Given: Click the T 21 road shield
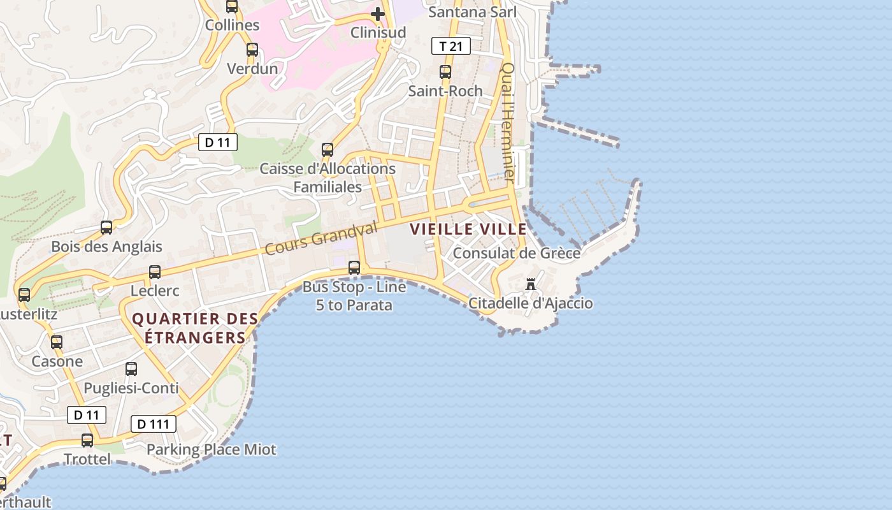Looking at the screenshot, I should (451, 46).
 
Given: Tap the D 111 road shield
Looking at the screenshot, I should (153, 424).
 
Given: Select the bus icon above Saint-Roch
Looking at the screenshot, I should (445, 72).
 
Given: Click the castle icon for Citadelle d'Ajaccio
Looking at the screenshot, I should (531, 284).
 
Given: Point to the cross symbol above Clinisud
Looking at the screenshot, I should (378, 13).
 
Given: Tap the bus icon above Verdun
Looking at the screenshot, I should (252, 50).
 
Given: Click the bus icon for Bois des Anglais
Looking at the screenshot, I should (106, 228).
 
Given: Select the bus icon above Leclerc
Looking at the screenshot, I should (155, 272).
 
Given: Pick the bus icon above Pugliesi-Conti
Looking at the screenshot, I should (131, 369).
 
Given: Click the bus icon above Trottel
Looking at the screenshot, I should (87, 441).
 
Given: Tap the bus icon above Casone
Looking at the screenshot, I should (57, 342).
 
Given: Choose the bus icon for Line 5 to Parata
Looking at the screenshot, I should (354, 268).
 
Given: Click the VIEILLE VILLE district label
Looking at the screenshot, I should (468, 229).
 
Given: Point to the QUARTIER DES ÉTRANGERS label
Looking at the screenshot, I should (195, 328).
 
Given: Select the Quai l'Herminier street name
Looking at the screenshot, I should (508, 121).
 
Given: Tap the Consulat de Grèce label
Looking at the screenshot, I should (516, 254).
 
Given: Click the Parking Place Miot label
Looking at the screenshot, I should (212, 450).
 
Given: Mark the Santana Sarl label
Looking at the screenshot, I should (472, 12).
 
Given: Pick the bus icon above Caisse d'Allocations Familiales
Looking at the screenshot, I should (327, 150).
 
